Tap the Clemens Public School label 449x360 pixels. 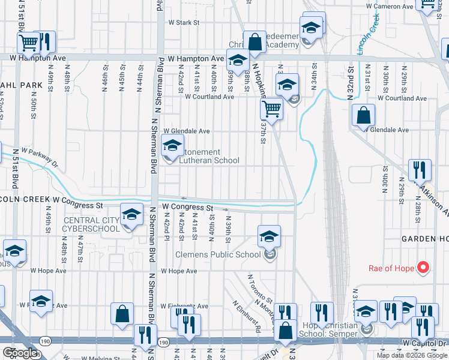[x=218, y=254]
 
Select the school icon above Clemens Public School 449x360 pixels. [x=269, y=235]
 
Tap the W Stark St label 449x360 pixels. [x=183, y=22]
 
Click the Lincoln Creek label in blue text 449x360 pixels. [x=369, y=35]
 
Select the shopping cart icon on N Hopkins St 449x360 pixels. [x=271, y=109]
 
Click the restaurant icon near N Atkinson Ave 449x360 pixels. [x=419, y=170]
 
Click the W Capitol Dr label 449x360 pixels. [x=425, y=343]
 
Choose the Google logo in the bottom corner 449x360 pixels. [x=20, y=353]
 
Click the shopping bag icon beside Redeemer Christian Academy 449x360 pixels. [x=255, y=42]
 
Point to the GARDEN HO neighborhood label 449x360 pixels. [x=425, y=239]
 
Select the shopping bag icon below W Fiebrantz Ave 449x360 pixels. [x=122, y=314]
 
